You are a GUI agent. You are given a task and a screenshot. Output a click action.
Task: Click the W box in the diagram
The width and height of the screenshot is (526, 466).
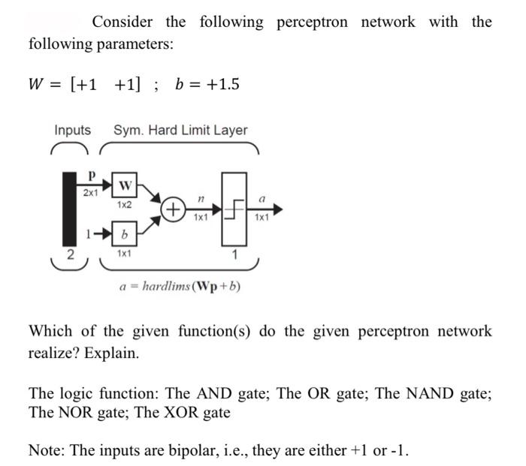pyautogui.click(x=125, y=185)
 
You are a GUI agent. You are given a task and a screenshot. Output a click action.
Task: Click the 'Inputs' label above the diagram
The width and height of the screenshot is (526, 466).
pyautogui.click(x=72, y=130)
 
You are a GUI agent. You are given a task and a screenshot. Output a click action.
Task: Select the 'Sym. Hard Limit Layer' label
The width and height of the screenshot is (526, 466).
pyautogui.click(x=180, y=130)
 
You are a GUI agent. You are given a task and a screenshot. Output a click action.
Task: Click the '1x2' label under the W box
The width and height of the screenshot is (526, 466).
pyautogui.click(x=125, y=204)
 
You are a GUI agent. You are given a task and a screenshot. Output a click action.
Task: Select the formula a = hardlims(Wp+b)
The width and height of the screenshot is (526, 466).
pyautogui.click(x=180, y=286)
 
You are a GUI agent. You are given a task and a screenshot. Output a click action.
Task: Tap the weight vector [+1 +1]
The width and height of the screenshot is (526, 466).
pyautogui.click(x=107, y=84)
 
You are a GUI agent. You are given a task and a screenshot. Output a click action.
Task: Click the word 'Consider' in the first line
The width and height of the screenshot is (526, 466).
pyautogui.click(x=122, y=22)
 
